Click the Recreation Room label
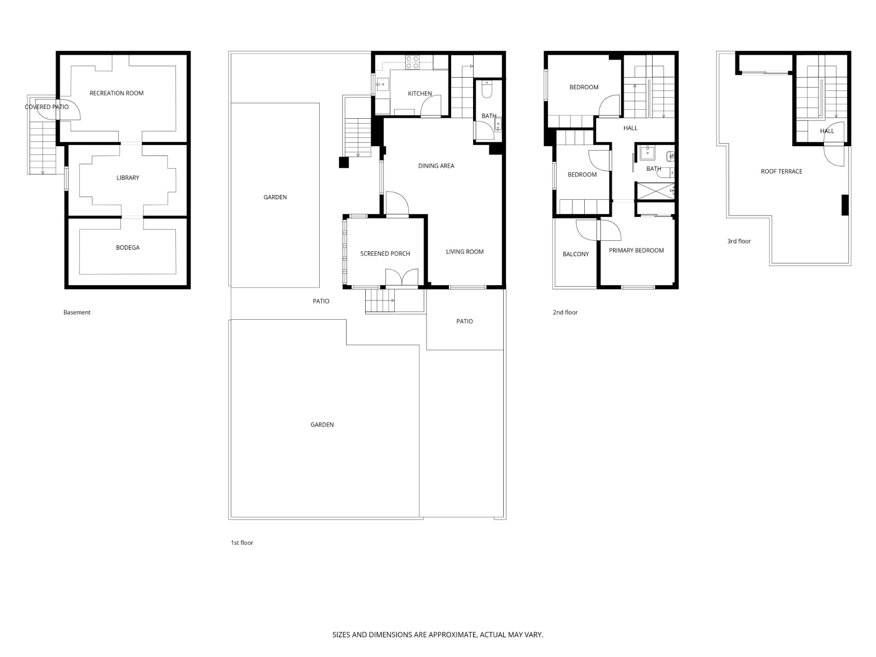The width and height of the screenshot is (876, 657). pyautogui.click(x=117, y=93)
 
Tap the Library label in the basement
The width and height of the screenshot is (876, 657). pyautogui.click(x=128, y=177)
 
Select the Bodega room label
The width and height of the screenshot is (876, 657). pyautogui.click(x=128, y=247)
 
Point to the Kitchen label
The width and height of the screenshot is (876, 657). pyautogui.click(x=419, y=94)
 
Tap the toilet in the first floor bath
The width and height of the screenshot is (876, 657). pyautogui.click(x=487, y=89)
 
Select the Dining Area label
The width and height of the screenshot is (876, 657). pyautogui.click(x=436, y=166)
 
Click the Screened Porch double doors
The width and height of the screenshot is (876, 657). pyautogui.click(x=402, y=277)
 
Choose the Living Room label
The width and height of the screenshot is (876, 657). pyautogui.click(x=464, y=252)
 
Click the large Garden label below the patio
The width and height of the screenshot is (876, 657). pyautogui.click(x=322, y=424)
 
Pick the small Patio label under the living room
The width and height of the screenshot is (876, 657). pyautogui.click(x=464, y=321)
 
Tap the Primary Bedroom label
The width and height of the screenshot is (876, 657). pyautogui.click(x=636, y=250)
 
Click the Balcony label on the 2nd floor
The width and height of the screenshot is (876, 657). pyautogui.click(x=575, y=254)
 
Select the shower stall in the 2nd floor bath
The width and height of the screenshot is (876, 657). pyautogui.click(x=654, y=191)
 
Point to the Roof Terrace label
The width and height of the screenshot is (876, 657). pyautogui.click(x=781, y=171)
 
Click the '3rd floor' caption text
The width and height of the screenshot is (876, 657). pyautogui.click(x=739, y=241)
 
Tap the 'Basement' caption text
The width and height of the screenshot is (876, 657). pyautogui.click(x=77, y=312)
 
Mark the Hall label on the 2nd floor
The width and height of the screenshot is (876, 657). pyautogui.click(x=630, y=128)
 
